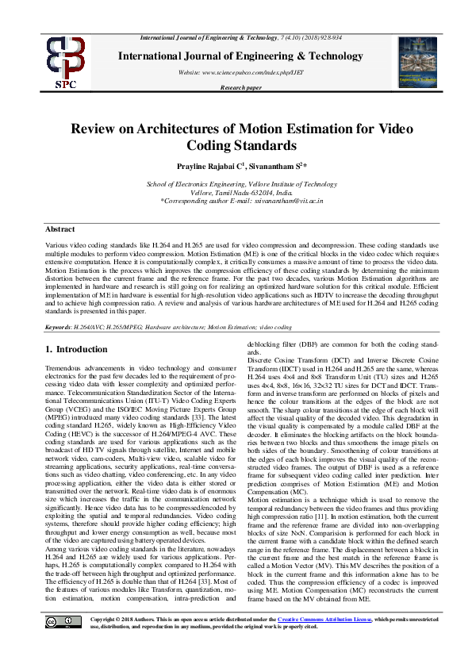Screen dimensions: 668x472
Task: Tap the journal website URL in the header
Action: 241,72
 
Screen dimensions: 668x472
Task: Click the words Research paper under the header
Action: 241,87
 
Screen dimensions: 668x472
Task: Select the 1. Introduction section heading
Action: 76,349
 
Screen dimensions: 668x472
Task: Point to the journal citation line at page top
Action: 241,38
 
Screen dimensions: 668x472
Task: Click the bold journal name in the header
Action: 241,56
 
